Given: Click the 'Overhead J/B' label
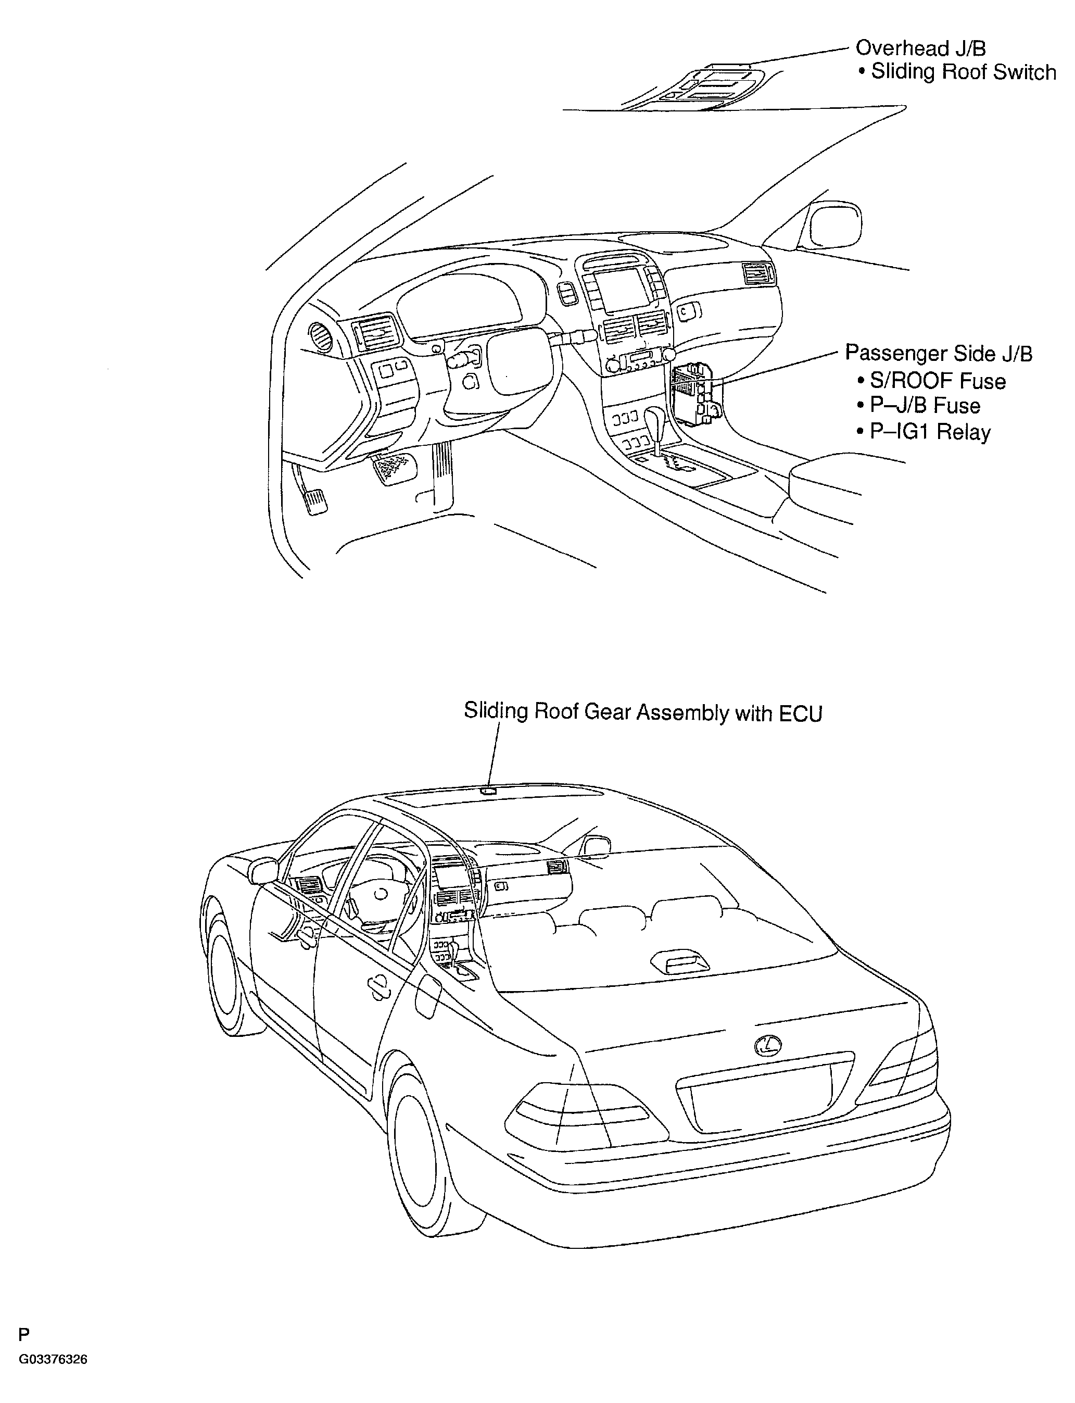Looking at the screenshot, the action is point(921,48).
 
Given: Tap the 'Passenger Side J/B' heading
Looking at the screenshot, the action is point(939,353).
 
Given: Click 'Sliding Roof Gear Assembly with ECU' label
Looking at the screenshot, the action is point(643,712).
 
